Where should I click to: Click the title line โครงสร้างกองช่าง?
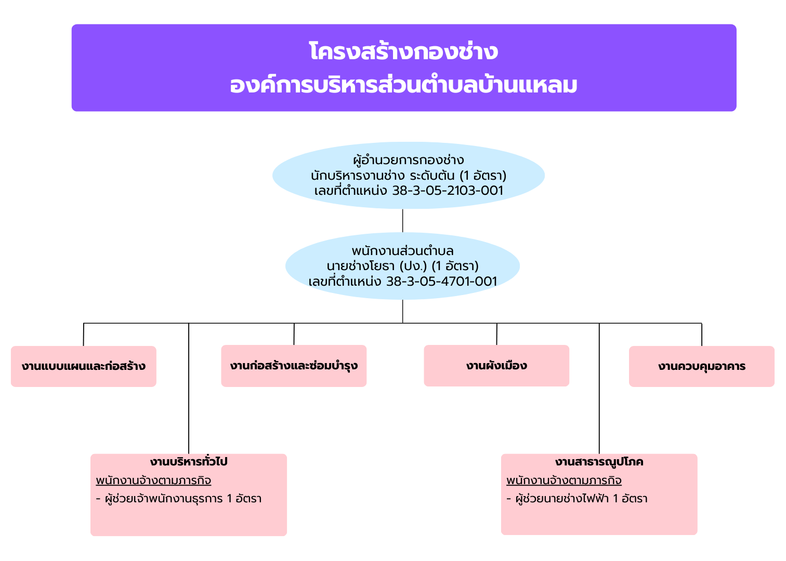tap(403, 51)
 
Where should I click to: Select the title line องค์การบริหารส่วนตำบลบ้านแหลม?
tap(403, 85)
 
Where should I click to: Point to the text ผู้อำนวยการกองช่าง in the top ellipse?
tap(409, 160)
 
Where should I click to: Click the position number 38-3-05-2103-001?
tap(448, 191)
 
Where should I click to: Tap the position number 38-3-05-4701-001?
tap(442, 281)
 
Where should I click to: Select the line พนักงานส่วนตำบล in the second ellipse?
tap(402, 251)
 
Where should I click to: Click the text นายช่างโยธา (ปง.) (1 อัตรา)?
tap(402, 266)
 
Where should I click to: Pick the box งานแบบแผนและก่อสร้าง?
tap(84, 366)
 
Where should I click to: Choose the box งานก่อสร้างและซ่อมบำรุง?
tap(294, 366)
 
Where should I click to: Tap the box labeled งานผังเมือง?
tap(496, 366)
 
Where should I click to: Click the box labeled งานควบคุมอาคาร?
tap(702, 366)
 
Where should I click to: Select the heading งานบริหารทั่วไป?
tap(189, 461)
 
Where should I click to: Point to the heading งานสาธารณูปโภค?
tap(599, 462)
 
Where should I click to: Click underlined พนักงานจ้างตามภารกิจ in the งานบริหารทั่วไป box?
tap(153, 480)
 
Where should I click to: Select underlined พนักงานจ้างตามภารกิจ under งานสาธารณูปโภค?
tap(564, 480)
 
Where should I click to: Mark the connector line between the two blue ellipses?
tap(402, 221)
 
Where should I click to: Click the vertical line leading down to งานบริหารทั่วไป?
tap(189, 389)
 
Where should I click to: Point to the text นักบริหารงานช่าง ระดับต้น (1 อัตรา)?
tap(409, 176)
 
